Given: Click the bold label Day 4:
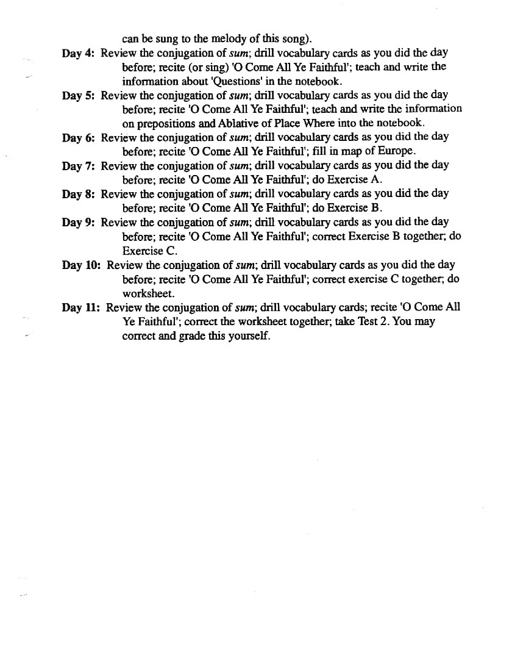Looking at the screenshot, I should pyautogui.click(x=78, y=53).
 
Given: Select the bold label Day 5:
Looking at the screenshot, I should pyautogui.click(x=78, y=95).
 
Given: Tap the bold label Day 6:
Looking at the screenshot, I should pyautogui.click(x=78, y=137).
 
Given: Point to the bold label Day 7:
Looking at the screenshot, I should pyautogui.click(x=78, y=165).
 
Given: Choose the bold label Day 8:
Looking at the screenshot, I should pyautogui.click(x=78, y=194).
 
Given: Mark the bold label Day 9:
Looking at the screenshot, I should pyautogui.click(x=78, y=222).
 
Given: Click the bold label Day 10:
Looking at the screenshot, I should pyautogui.click(x=81, y=265).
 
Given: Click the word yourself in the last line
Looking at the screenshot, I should pyautogui.click(x=247, y=336).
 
